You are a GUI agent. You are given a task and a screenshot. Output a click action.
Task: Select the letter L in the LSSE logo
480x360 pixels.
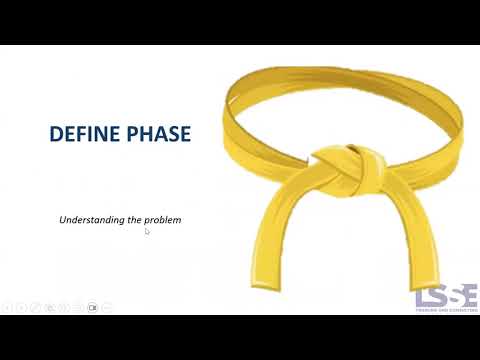point(423,296)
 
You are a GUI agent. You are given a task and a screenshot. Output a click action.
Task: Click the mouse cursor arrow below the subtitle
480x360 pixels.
point(147,232)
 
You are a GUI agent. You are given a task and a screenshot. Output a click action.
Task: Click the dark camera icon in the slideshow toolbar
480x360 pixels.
point(92,307)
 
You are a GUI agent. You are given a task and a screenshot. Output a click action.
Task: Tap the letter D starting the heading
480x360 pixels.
point(56,133)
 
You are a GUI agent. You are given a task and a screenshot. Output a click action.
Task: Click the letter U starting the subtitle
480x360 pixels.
point(63,219)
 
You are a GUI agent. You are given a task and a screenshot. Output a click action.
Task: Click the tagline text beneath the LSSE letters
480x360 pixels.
point(446,311)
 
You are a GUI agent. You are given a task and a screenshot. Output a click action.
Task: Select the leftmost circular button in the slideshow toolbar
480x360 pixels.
point(8,307)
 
